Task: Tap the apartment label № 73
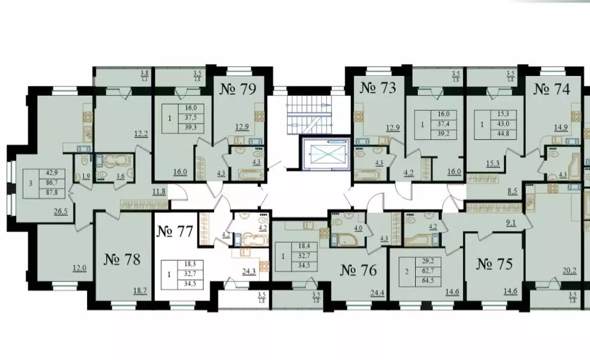pos(378,88)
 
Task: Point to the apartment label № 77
pos(175,232)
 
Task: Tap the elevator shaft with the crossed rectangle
pos(326,154)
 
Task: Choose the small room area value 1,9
pos(85,176)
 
